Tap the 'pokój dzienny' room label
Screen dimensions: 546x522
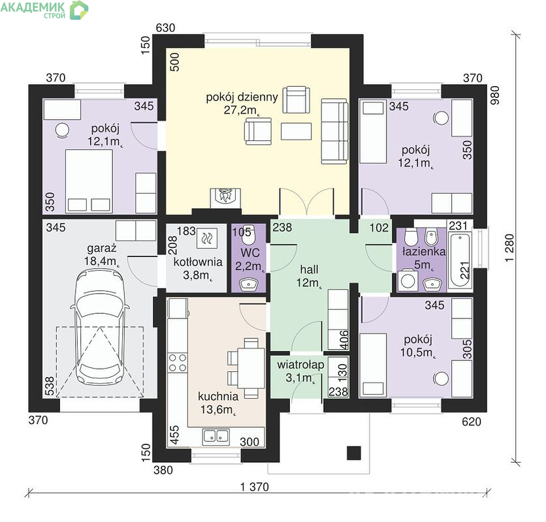(242, 97)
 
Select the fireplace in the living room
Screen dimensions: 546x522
(225, 198)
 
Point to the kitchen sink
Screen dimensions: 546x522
(216, 437)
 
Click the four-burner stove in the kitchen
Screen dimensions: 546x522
(177, 363)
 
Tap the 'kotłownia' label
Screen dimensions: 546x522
(198, 262)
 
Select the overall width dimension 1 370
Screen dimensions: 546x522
(255, 487)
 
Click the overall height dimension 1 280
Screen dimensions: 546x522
(509, 248)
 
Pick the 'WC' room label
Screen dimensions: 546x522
(249, 253)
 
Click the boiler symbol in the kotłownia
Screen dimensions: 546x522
(207, 238)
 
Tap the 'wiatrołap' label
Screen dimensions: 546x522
(300, 365)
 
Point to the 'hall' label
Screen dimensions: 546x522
(309, 269)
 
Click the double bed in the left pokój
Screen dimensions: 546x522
(89, 181)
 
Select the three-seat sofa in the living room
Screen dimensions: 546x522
(334, 131)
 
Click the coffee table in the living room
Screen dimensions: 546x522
(296, 131)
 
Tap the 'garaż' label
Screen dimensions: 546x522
(102, 249)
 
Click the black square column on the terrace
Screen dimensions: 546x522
(353, 453)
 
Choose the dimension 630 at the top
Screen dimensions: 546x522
(165, 28)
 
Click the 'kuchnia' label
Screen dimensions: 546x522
(218, 396)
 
